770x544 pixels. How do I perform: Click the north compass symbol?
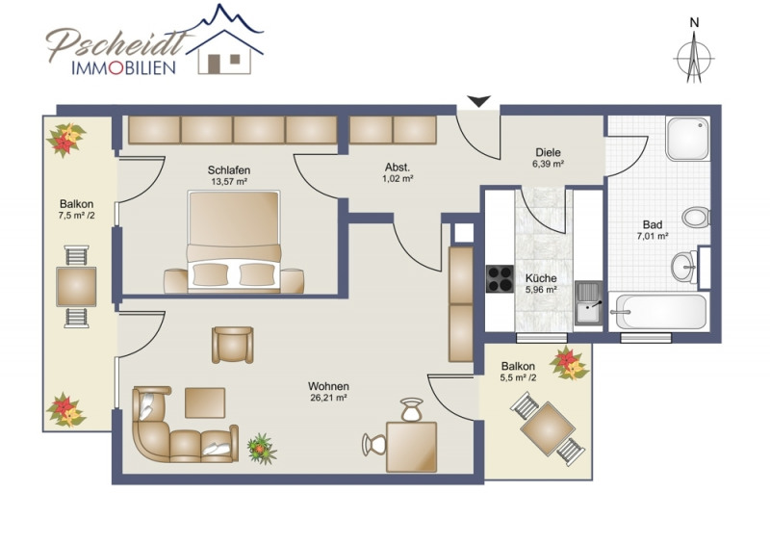pos(693,57)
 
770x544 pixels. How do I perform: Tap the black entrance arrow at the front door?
pos(478,101)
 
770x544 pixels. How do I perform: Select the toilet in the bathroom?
pos(696,217)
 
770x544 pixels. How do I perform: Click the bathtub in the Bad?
pos(658,312)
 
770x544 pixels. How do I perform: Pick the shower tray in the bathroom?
pos(687,138)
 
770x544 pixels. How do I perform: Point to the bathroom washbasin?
pos(684,267)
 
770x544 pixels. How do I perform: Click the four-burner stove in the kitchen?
pos(500,278)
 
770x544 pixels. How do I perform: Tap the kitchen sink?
pos(588,303)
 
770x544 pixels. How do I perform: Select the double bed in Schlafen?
pos(233,242)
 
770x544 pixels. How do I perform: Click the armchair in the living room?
pos(233,345)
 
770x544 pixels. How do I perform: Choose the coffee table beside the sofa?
pos(205,403)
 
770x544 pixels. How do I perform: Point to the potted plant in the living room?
pos(262,449)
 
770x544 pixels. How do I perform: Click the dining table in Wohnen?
pos(412,447)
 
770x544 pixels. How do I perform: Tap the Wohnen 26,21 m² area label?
pos(328,392)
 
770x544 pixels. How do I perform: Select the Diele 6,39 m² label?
pos(548,158)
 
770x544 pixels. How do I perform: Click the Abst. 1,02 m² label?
pos(398,172)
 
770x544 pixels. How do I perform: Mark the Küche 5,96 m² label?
pos(541,283)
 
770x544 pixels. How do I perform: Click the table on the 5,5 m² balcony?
pos(548,429)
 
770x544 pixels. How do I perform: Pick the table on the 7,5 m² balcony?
pos(76,287)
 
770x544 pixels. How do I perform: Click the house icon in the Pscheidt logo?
pos(225,52)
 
